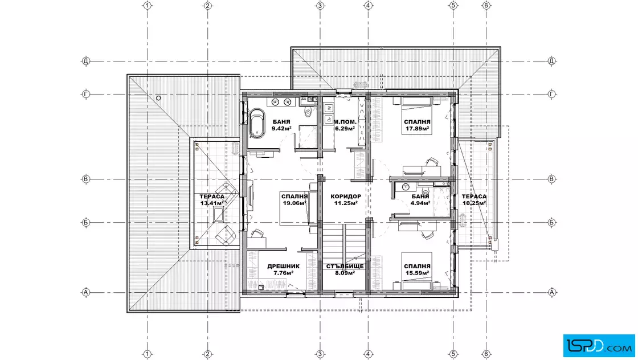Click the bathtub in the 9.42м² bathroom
[x=257, y=123]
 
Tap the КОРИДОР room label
[x=345, y=196]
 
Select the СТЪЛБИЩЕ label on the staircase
[x=345, y=267]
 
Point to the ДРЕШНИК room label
[x=283, y=267]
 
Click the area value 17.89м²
[x=418, y=129]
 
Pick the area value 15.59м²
[x=418, y=273]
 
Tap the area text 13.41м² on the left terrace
[x=212, y=203]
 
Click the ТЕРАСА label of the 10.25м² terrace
[x=474, y=197]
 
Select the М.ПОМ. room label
[x=345, y=122]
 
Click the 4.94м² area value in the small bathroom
[x=420, y=203]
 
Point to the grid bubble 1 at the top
[x=148, y=5]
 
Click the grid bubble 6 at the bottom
[x=486, y=354]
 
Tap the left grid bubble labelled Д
[x=85, y=61]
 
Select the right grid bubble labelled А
[x=552, y=292]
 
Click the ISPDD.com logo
[x=599, y=346]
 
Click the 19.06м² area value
[x=295, y=203]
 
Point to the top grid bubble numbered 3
[x=320, y=5]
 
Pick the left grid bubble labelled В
[x=85, y=179]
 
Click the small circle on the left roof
[x=159, y=98]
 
